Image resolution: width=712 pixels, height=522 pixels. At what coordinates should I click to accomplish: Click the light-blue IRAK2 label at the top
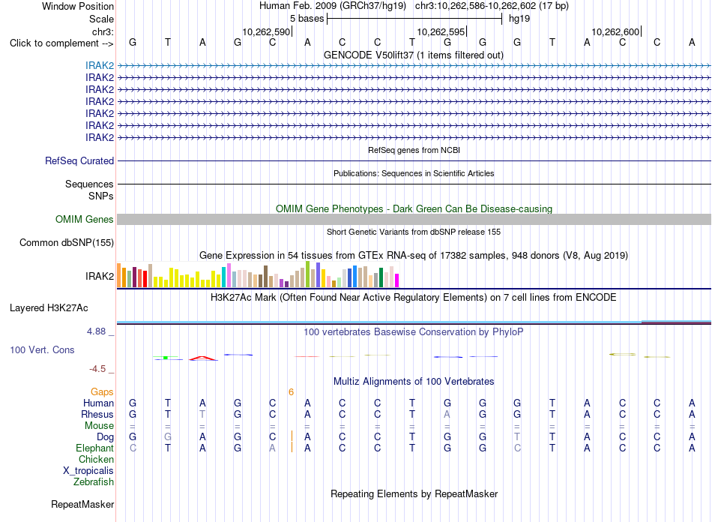click(x=100, y=65)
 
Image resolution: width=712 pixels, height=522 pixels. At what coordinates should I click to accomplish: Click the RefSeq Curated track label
click(x=79, y=160)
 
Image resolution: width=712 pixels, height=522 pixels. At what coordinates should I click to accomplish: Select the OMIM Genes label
click(x=85, y=220)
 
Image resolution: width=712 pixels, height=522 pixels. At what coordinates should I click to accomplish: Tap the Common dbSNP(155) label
click(x=67, y=242)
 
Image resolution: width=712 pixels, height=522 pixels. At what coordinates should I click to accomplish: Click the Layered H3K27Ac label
click(x=49, y=308)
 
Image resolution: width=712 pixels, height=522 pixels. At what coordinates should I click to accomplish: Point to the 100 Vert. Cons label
click(x=42, y=349)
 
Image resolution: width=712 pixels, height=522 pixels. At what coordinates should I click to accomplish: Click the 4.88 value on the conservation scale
click(x=96, y=331)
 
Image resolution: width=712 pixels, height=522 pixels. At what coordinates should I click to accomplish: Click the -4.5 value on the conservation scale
click(x=97, y=369)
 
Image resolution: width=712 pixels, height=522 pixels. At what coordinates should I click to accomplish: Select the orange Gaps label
click(x=102, y=391)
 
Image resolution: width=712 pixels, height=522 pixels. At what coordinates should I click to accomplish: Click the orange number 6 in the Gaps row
click(x=291, y=391)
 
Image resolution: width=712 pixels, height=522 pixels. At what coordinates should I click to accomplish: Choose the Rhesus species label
click(x=97, y=414)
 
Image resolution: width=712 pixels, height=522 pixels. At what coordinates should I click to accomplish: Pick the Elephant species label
click(x=95, y=448)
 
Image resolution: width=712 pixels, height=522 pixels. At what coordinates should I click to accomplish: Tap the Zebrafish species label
click(x=94, y=481)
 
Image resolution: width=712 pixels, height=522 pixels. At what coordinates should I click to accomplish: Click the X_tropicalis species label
click(x=88, y=471)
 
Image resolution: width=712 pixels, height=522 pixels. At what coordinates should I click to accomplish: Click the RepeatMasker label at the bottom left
click(x=82, y=504)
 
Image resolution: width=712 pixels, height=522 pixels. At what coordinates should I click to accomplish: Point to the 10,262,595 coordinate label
click(x=441, y=31)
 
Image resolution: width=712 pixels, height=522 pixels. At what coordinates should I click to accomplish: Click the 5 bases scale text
click(x=307, y=19)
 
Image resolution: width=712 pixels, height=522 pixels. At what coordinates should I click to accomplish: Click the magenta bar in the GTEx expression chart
click(x=397, y=280)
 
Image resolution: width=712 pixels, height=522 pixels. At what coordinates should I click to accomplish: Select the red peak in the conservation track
click(x=203, y=358)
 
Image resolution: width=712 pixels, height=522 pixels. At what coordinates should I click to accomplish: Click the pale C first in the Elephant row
click(x=133, y=448)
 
